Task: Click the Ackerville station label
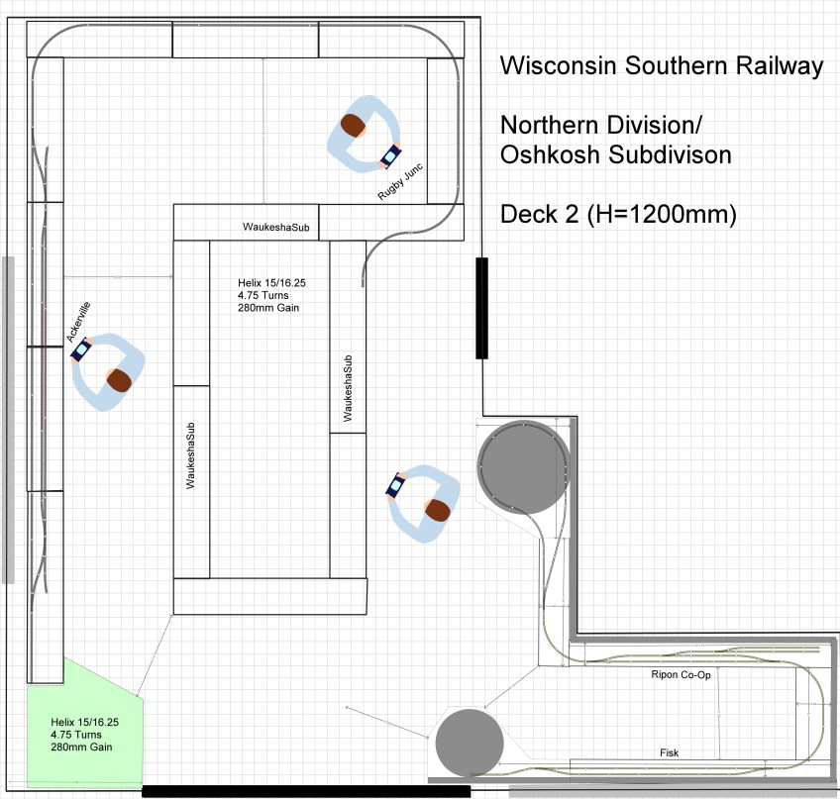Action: [78, 322]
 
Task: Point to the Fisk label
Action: [670, 753]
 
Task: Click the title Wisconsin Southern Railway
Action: [662, 66]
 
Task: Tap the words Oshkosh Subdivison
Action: [615, 155]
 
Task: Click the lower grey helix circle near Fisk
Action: [470, 743]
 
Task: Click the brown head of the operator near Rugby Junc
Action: [353, 125]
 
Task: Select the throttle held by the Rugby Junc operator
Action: [391, 156]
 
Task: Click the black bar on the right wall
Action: [482, 307]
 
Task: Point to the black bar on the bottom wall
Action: [306, 791]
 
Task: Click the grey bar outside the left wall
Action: [8, 420]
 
